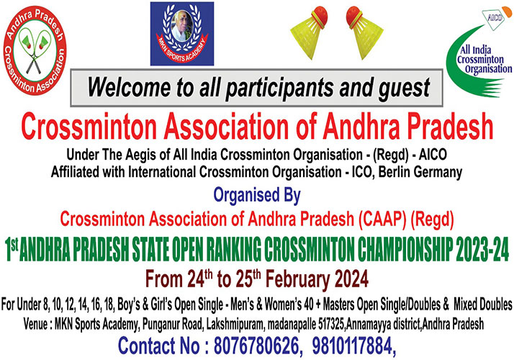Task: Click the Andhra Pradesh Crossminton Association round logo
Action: pyautogui.click(x=35, y=50)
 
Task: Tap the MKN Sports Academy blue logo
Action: pyautogui.click(x=182, y=34)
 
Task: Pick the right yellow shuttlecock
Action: pyautogui.click(x=364, y=32)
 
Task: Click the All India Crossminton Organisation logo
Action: pyautogui.click(x=479, y=53)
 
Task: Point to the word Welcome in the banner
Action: pyautogui.click(x=128, y=87)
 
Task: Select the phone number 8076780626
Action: pyautogui.click(x=257, y=346)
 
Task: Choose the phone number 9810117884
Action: pyautogui.click(x=353, y=346)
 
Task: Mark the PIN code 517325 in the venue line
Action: pyautogui.click(x=331, y=325)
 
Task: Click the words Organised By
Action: pyautogui.click(x=257, y=195)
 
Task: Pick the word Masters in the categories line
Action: pyautogui.click(x=338, y=305)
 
